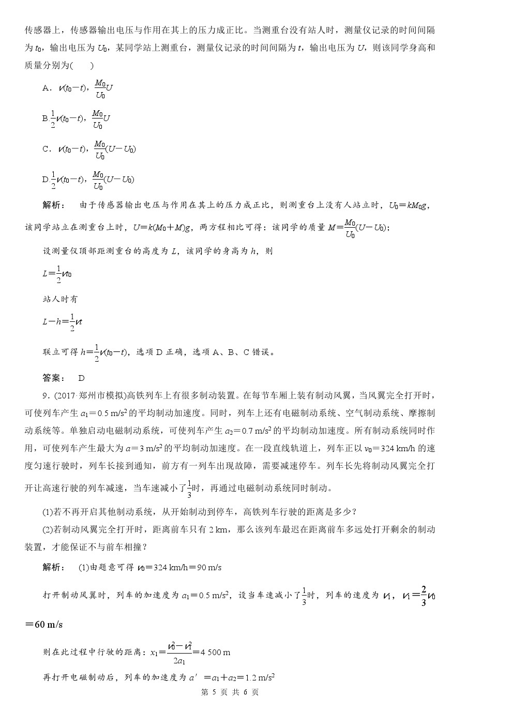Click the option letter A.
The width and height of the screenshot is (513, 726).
pos(46,88)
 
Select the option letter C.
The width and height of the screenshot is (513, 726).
pos(46,149)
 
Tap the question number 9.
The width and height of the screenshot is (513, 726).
pos(46,396)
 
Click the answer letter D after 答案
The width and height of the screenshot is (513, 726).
pos(81,378)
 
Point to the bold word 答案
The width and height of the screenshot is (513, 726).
pos(53,378)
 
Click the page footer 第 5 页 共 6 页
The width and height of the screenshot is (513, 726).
pos(229,692)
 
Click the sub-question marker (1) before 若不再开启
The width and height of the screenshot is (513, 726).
pos(48,512)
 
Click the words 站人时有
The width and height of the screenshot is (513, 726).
pos(60,299)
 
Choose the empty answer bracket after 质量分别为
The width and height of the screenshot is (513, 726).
pos(82,66)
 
